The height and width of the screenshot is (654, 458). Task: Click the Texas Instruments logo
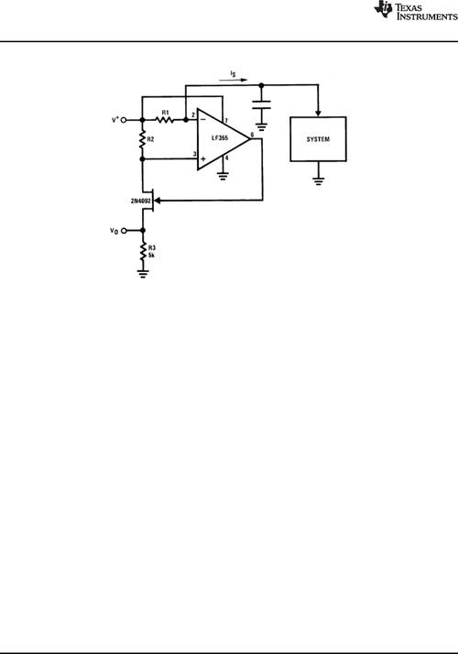coord(416,11)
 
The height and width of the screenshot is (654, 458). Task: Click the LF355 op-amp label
coord(220,138)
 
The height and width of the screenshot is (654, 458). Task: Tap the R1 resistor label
coord(166,113)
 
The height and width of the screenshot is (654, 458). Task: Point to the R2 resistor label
coord(150,139)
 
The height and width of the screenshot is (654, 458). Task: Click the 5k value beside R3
coord(151,256)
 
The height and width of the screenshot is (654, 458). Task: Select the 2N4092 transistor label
coord(140,201)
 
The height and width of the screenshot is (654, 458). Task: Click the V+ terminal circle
coord(124,120)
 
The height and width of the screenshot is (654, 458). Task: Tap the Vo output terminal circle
coord(124,230)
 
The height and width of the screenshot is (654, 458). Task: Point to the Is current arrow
coord(233,80)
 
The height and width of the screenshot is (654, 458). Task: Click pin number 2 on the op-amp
coord(192,114)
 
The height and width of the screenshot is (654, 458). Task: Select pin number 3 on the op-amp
coord(194,154)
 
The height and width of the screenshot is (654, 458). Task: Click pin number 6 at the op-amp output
coord(252,135)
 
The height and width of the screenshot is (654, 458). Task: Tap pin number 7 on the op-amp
coord(226,121)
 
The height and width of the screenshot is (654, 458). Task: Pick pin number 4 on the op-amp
coord(226,158)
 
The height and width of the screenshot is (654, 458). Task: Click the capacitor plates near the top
coord(262,104)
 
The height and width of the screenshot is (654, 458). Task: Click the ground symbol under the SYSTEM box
coord(318,180)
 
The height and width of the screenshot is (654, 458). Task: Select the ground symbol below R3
coord(143,274)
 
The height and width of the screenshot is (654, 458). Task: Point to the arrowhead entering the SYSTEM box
coord(318,114)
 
